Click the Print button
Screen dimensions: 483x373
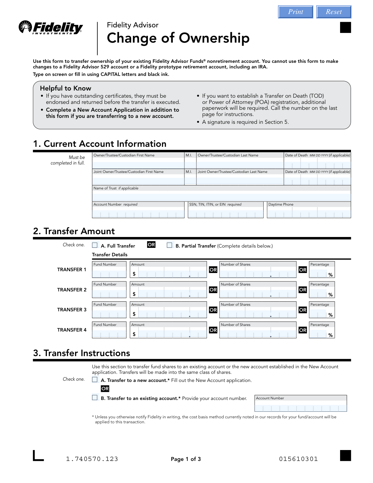(295, 12)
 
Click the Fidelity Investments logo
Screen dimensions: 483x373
(51, 28)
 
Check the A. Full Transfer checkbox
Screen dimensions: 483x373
(95, 245)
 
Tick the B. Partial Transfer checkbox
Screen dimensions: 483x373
(169, 245)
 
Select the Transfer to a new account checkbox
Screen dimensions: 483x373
(95, 379)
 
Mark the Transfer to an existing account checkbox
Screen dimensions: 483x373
(95, 397)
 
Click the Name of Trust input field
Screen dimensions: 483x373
(221, 197)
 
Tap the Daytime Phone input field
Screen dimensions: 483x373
(309, 213)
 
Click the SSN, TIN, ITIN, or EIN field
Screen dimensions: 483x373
(226, 213)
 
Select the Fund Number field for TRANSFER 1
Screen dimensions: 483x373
(109, 273)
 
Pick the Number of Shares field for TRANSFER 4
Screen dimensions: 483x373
(258, 334)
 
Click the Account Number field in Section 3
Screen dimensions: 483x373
(300, 407)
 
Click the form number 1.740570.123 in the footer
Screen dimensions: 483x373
(92, 459)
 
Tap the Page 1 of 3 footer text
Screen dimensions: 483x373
(186, 459)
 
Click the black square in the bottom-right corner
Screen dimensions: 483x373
(345, 456)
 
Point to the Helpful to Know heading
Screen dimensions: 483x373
(66, 88)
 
